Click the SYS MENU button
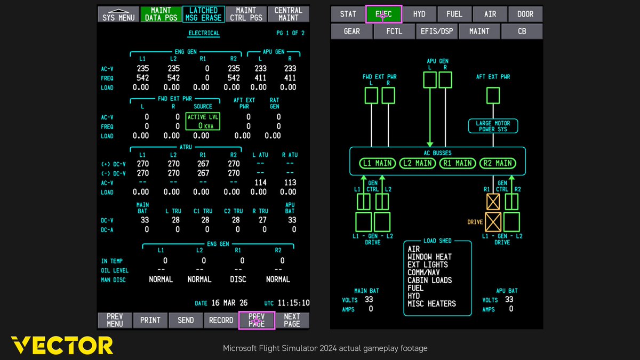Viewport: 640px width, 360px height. [119, 14]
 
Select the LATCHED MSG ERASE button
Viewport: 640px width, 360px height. [203, 14]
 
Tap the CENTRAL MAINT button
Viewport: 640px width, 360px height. [288, 14]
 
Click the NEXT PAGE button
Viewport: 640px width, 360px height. [292, 320]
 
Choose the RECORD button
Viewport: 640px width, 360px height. [221, 320]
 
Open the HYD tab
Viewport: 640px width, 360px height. [419, 14]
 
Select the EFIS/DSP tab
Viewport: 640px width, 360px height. [436, 31]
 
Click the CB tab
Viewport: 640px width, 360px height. [522, 31]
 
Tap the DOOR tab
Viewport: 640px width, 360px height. [525, 14]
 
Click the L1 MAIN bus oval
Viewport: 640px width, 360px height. [377, 163]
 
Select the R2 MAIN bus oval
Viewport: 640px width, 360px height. [497, 163]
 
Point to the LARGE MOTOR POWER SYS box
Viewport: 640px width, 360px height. [493, 126]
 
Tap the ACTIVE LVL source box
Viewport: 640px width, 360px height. [203, 121]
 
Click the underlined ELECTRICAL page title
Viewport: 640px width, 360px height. [203, 33]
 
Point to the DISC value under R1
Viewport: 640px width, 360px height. [238, 279]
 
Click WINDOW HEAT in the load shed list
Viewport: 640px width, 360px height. [429, 257]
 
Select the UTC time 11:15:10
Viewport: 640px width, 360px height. [293, 303]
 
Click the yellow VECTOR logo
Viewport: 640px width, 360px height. [62, 345]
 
